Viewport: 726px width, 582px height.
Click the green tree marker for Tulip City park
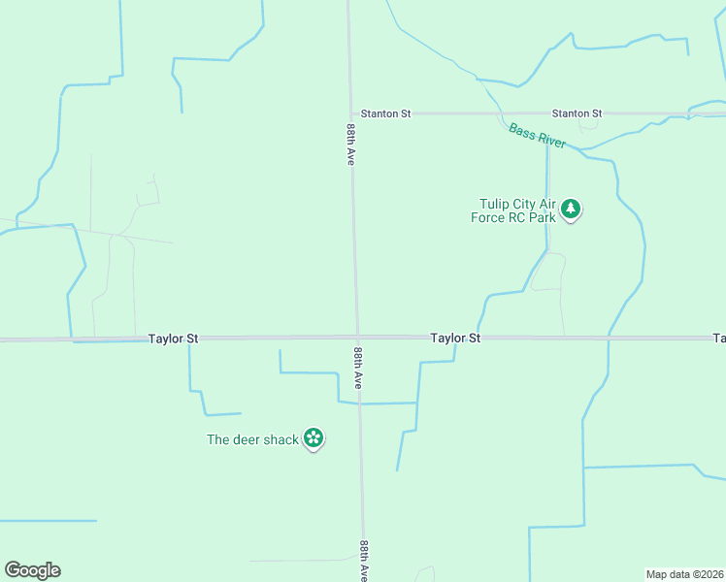coord(572,209)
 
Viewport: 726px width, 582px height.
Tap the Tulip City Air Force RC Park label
coord(518,210)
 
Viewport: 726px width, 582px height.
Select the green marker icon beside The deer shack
coord(313,438)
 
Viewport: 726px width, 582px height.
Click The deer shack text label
coord(252,439)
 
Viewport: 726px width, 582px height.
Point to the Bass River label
coord(537,135)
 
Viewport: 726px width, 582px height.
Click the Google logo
coord(32,570)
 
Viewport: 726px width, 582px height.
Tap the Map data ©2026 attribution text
coord(685,574)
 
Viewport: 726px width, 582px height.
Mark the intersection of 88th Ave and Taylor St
coord(357,338)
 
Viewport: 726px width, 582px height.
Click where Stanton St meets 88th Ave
coord(350,113)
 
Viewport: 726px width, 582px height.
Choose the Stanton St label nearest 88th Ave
coord(385,113)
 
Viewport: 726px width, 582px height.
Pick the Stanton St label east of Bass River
coord(577,113)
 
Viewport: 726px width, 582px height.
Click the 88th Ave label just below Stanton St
coord(349,144)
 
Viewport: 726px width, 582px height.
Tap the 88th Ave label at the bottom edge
coord(364,561)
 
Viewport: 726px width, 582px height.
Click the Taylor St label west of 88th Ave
coord(174,339)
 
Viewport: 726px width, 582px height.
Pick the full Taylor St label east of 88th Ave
coord(456,339)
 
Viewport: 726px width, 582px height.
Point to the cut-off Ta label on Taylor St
coord(719,339)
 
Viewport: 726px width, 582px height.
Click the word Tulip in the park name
coord(496,204)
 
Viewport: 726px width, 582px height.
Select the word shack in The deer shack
coord(280,439)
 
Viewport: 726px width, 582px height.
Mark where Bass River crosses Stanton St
coord(501,113)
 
